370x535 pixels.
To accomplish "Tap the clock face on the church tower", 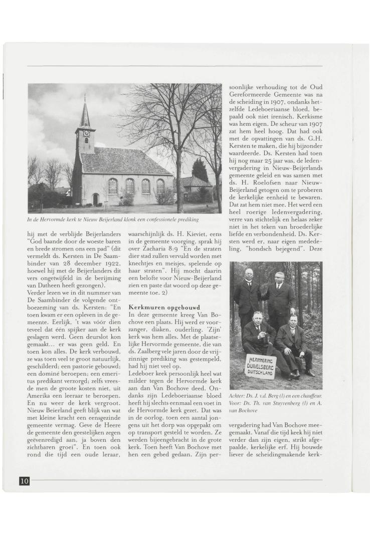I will click(x=86, y=133).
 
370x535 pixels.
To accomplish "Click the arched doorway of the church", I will click(x=95, y=199).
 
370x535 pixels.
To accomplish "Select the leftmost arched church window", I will click(x=113, y=186).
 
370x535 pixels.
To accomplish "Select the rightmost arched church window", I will click(x=160, y=186).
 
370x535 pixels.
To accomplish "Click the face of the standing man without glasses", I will click(x=280, y=278).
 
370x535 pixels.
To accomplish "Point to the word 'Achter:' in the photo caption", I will click(x=238, y=396).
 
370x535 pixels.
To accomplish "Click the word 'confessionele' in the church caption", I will click(x=153, y=219).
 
